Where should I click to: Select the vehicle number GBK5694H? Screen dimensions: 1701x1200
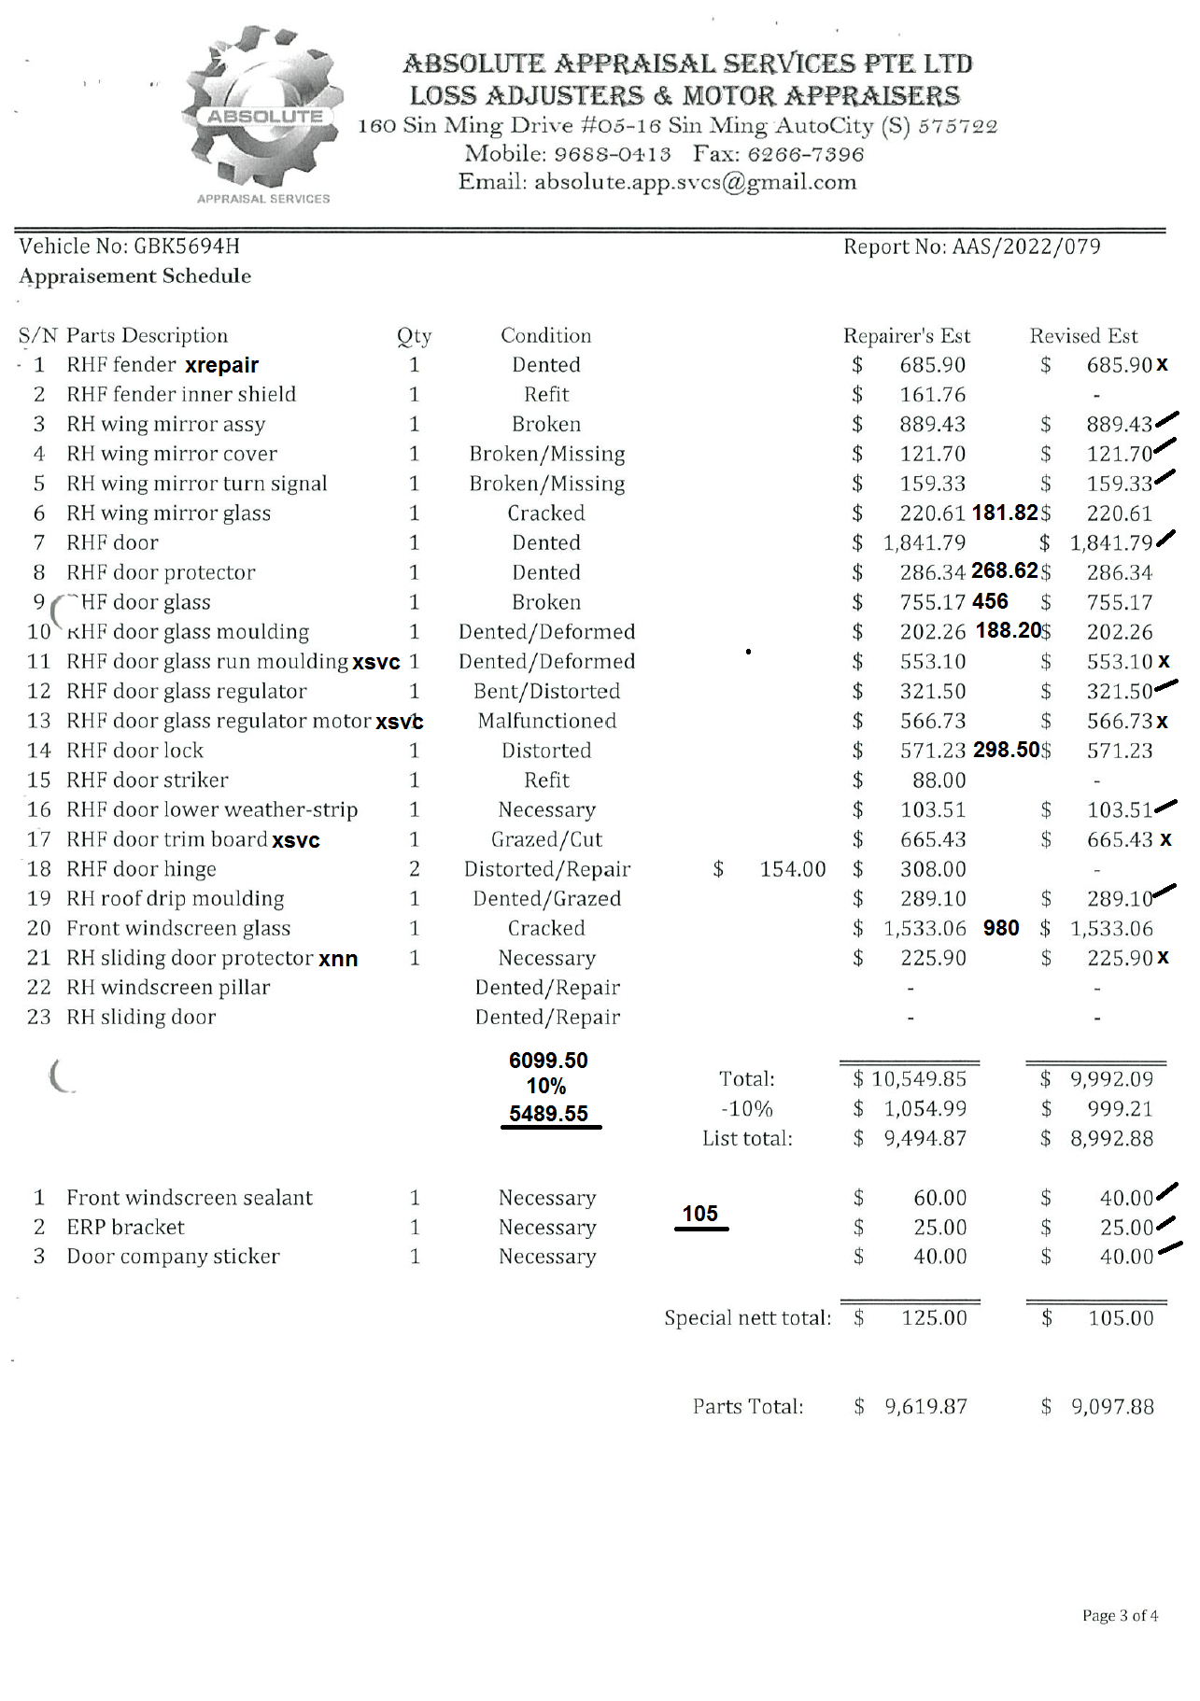(x=187, y=246)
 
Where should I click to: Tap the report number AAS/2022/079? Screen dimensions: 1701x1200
(x=1026, y=246)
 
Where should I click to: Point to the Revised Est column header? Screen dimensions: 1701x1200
(x=1083, y=336)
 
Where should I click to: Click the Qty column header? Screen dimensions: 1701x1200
(x=414, y=336)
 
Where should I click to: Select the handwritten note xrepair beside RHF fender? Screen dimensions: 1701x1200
(x=222, y=365)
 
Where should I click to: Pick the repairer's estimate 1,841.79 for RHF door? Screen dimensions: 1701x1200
(x=924, y=542)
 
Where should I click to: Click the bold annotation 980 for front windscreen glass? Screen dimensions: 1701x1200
(x=1001, y=928)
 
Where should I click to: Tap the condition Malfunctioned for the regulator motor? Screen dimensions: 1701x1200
(x=547, y=721)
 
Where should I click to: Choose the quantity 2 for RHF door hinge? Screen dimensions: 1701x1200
(x=415, y=869)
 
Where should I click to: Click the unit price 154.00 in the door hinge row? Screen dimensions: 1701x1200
(x=792, y=869)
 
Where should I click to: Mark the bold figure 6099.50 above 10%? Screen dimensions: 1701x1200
(x=548, y=1061)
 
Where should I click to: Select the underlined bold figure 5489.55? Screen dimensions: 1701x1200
(x=548, y=1114)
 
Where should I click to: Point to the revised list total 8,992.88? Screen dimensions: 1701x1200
(x=1111, y=1139)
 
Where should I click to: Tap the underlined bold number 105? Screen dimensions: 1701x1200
(x=700, y=1214)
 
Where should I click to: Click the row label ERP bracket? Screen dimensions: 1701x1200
(x=125, y=1227)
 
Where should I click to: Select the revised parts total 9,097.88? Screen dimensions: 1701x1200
(x=1112, y=1407)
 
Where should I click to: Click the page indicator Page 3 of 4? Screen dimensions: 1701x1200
(x=1120, y=1616)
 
